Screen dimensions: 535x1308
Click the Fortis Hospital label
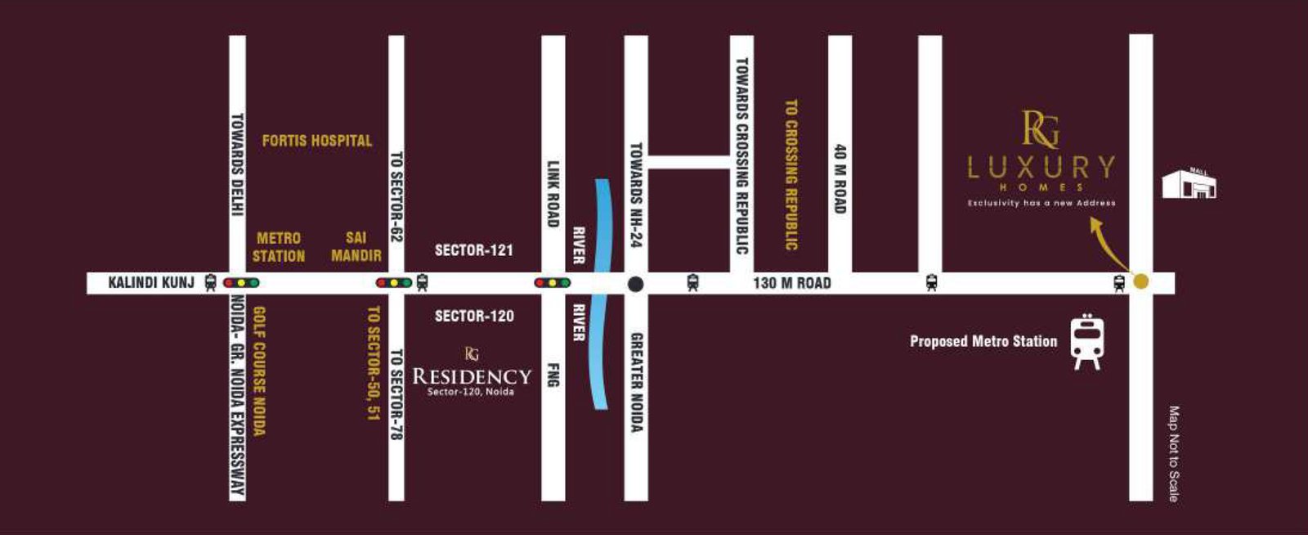point(317,141)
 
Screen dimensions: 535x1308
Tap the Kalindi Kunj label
point(151,283)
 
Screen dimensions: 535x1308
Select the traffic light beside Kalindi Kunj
point(241,283)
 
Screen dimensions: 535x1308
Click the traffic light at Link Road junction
point(553,283)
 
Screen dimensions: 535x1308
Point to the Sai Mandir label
point(356,247)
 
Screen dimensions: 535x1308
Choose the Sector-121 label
point(474,250)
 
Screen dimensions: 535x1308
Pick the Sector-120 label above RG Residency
point(474,316)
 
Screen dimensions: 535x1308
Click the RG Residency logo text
point(472,376)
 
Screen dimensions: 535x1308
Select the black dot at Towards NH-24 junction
point(635,284)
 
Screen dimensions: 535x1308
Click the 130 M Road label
point(791,283)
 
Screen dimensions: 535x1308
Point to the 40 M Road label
point(840,179)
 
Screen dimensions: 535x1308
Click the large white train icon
point(1087,341)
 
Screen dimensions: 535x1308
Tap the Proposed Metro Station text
point(983,341)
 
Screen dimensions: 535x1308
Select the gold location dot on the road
point(1141,281)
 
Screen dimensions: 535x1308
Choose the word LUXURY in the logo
point(1041,168)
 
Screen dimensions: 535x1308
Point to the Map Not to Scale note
point(1174,453)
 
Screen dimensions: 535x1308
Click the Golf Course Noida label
point(259,371)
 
